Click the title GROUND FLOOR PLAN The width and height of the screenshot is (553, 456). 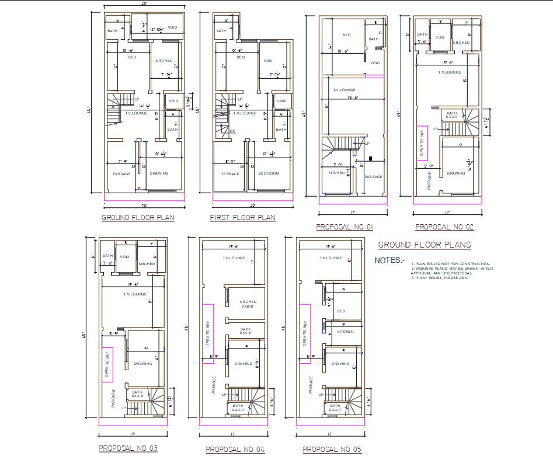[138, 218]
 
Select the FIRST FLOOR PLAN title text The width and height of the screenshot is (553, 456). [242, 218]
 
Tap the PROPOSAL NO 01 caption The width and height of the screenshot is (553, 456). [344, 227]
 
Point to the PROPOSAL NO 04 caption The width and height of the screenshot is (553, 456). [235, 449]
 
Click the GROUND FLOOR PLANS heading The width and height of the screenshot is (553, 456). [425, 245]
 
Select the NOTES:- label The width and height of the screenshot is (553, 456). [389, 260]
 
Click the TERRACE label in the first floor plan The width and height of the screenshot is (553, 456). [230, 173]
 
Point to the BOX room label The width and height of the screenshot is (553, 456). [269, 61]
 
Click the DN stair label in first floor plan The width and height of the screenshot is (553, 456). [232, 131]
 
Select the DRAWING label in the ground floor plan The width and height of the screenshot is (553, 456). [159, 173]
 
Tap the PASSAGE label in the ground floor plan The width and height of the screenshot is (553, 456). [121, 173]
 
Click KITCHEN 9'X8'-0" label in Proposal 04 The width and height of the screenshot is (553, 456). [248, 304]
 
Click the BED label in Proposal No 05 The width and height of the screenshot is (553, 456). [341, 311]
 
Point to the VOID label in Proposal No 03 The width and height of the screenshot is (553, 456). [124, 256]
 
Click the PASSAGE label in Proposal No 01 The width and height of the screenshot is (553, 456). [373, 177]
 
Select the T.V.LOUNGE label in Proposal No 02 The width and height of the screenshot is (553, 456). [450, 72]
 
